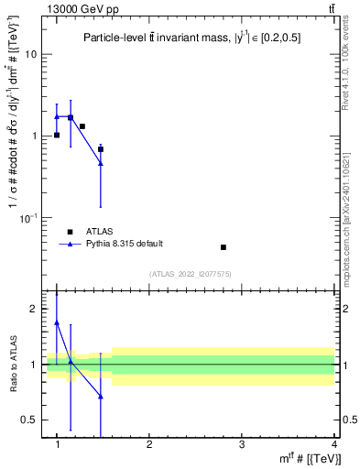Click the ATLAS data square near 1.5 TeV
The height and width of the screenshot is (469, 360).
click(x=101, y=148)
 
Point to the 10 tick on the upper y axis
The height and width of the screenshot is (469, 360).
click(x=31, y=54)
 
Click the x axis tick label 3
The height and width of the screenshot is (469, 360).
click(x=241, y=443)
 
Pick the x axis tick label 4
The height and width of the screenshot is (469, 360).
click(x=334, y=443)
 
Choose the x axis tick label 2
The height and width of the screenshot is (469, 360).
click(x=149, y=443)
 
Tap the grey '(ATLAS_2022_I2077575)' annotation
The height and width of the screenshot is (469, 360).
click(x=191, y=273)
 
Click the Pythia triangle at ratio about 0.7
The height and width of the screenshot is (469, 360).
click(x=101, y=397)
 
